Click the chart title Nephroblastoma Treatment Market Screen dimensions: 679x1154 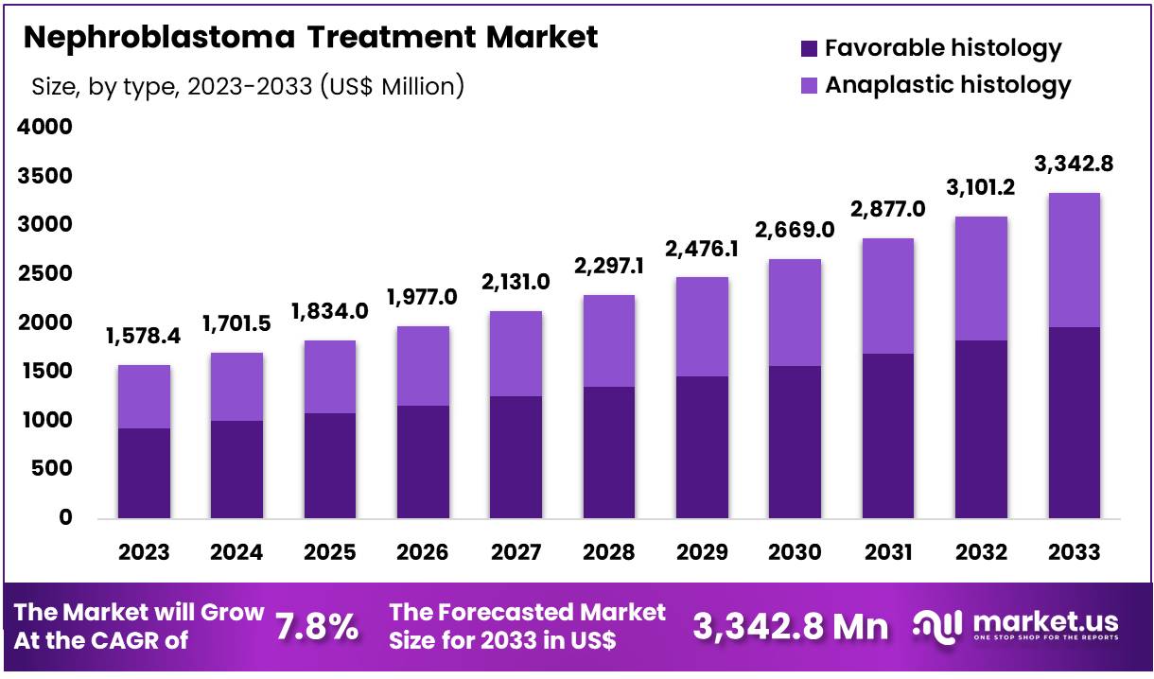(x=310, y=37)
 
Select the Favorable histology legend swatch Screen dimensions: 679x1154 (x=809, y=47)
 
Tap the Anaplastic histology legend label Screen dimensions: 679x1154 (x=948, y=84)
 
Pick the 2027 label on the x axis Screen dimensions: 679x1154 (x=516, y=552)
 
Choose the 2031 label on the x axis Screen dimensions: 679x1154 (x=887, y=552)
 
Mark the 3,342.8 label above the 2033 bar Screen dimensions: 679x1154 (x=1074, y=164)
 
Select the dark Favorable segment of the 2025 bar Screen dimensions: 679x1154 (x=330, y=465)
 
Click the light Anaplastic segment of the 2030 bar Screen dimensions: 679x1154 (x=795, y=312)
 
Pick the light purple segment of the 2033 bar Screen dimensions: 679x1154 (x=1074, y=260)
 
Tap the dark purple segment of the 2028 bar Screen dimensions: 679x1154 (x=608, y=452)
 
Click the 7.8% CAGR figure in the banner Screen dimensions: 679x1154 (x=317, y=626)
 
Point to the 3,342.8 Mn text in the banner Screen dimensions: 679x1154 (x=791, y=626)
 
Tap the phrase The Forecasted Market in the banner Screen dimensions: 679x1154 (x=527, y=612)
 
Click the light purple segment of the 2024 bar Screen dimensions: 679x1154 (x=237, y=387)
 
